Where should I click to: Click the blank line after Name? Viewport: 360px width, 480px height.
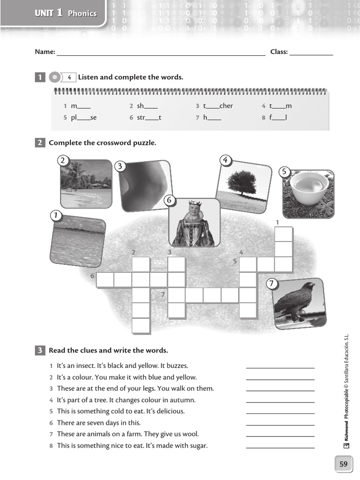(x=161, y=53)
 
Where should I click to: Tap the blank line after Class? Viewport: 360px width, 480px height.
(x=311, y=53)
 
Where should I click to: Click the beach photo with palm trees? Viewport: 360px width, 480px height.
(x=86, y=183)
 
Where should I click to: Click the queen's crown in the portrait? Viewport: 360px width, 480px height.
(x=194, y=203)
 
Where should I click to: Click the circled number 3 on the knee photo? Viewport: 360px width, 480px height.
(x=120, y=166)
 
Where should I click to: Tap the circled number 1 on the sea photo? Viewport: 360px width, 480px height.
(x=56, y=215)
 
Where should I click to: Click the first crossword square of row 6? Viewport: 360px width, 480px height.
(x=105, y=280)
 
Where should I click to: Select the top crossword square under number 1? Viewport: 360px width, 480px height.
(x=283, y=234)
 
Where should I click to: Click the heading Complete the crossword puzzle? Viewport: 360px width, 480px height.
(x=102, y=143)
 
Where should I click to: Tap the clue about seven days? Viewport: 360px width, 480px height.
(x=98, y=423)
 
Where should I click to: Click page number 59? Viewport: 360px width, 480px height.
(x=344, y=464)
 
